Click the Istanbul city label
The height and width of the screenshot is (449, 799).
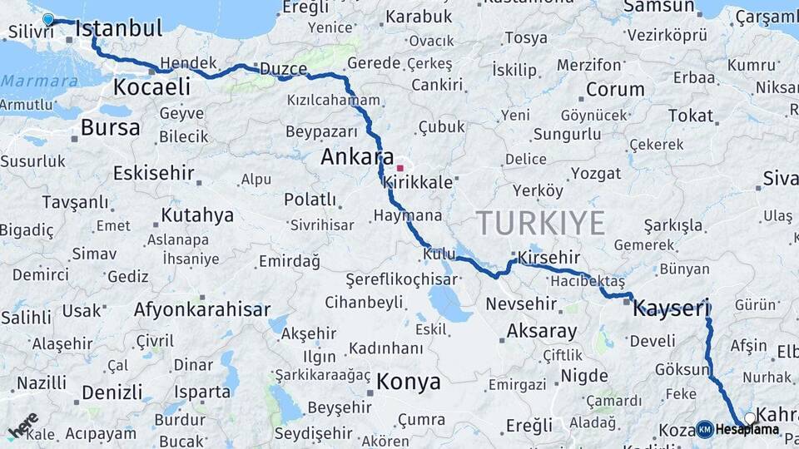(x=118, y=29)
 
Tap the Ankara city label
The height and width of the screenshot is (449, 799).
(x=357, y=156)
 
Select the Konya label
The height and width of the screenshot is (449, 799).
(x=408, y=382)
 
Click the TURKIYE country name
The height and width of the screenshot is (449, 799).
(x=540, y=223)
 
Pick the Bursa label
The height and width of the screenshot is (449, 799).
(x=111, y=127)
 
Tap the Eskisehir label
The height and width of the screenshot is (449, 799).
(x=154, y=174)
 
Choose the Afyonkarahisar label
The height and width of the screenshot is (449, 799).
(x=202, y=310)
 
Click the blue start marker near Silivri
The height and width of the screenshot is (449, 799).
(x=47, y=19)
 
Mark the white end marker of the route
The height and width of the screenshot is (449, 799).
(x=750, y=417)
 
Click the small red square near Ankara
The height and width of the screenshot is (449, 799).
(x=399, y=168)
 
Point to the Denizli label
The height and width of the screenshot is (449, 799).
(x=112, y=392)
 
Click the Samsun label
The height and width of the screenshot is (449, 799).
(x=658, y=7)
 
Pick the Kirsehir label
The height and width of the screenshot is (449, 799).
(x=548, y=258)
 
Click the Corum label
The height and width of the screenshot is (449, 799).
(x=615, y=89)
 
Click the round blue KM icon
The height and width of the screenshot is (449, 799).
(x=704, y=430)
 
